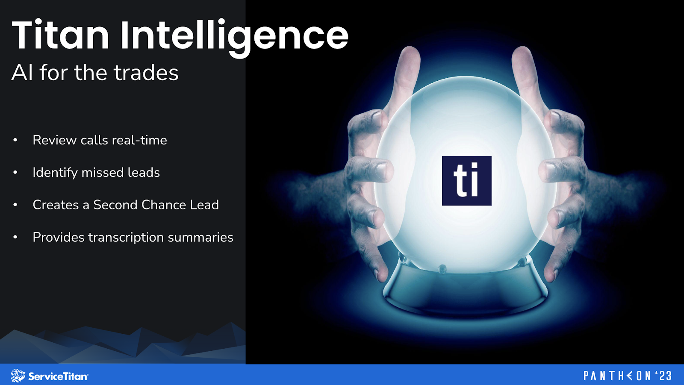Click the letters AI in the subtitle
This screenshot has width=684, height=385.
[x=22, y=73]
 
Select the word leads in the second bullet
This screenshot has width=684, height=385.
[x=144, y=173]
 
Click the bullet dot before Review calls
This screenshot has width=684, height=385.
[x=15, y=140]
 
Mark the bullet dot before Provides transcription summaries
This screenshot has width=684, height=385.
[x=15, y=237]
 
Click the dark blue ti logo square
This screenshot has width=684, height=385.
[x=466, y=181]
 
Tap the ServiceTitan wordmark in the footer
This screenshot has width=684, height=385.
[x=58, y=376]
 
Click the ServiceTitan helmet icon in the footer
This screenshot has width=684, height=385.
[x=18, y=376]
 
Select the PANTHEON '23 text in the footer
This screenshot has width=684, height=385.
[x=627, y=376]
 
